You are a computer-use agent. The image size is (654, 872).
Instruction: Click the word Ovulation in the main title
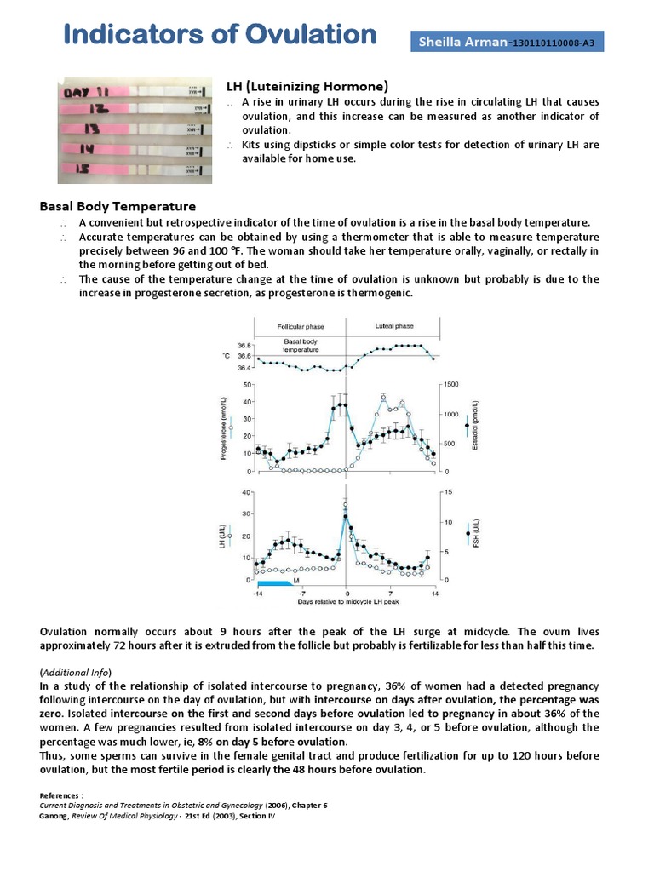pyautogui.click(x=311, y=35)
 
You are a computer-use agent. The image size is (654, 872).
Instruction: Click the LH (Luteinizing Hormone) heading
pyautogui.click(x=307, y=86)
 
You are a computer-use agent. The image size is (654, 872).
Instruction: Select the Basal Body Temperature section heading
pyautogui.click(x=118, y=206)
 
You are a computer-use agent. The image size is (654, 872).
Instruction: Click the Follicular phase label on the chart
pyautogui.click(x=301, y=327)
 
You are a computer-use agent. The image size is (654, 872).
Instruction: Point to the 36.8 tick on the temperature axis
pyautogui.click(x=244, y=346)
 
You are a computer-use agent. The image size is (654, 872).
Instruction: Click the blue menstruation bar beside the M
pyautogui.click(x=274, y=582)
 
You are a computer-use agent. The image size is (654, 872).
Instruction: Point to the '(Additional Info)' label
pyautogui.click(x=76, y=673)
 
